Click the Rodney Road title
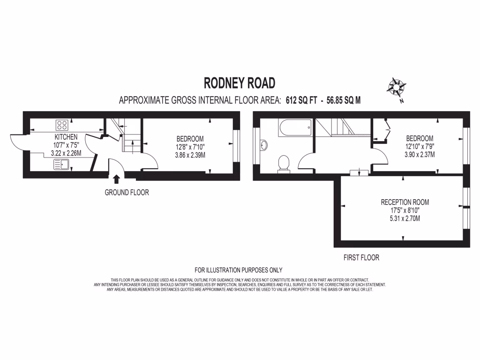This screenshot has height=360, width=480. click(x=239, y=83)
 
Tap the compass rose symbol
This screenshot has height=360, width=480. click(x=397, y=87)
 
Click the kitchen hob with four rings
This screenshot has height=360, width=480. click(x=62, y=125)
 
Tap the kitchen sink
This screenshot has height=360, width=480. click(x=61, y=164)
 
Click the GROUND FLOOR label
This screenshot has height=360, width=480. click(x=127, y=192)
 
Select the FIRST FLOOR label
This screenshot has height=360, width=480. click(x=361, y=257)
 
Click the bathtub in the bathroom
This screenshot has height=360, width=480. click(x=294, y=127)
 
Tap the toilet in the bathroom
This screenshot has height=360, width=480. click(x=284, y=164)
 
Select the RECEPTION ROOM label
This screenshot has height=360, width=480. click(x=405, y=202)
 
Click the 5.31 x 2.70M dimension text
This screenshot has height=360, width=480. click(x=405, y=218)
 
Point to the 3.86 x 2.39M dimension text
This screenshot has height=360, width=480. click(x=190, y=155)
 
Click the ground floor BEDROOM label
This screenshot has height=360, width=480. click(x=190, y=139)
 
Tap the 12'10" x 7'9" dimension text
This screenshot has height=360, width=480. click(x=420, y=146)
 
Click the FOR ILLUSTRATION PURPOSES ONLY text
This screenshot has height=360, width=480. click(x=238, y=270)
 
